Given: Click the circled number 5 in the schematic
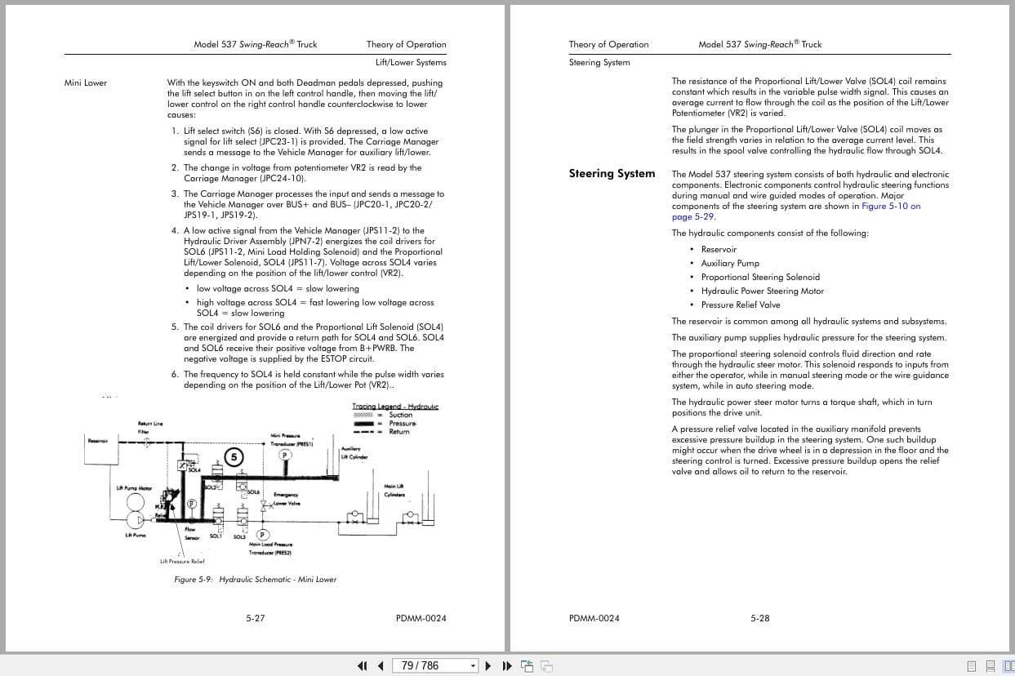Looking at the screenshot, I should coord(234,457).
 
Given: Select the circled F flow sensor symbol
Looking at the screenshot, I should coord(192,504).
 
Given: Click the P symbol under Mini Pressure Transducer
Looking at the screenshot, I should coord(285,455).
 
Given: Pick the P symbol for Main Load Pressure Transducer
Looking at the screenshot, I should coord(263,535).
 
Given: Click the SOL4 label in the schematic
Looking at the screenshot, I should coord(194,470).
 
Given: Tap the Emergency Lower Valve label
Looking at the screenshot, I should coord(287,499).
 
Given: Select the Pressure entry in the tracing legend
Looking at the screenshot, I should coord(403,423).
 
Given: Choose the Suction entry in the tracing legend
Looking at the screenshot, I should coord(400,415).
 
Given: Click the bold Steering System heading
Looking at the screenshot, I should coord(612,173).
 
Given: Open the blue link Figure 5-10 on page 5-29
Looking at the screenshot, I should coord(891,207).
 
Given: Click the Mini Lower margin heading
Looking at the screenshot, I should coord(86,82).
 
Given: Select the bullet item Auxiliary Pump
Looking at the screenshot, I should coord(730,263).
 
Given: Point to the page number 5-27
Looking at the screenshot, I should coord(256,618).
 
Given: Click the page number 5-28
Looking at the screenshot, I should coord(760,618).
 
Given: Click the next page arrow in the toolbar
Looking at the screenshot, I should coord(488,665).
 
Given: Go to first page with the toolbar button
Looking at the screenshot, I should coord(363,665).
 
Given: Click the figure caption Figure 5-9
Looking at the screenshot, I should coord(256,579).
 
